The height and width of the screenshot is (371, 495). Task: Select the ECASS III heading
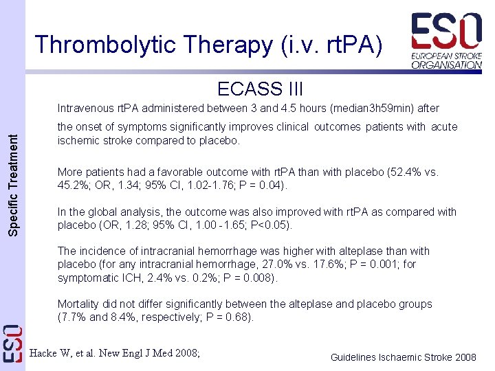(x=260, y=89)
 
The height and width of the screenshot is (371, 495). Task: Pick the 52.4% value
(x=399, y=172)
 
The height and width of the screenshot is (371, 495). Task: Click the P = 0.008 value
(x=248, y=278)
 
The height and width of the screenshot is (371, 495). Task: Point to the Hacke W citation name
(x=52, y=353)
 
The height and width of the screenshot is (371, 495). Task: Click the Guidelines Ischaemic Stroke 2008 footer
(x=403, y=357)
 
